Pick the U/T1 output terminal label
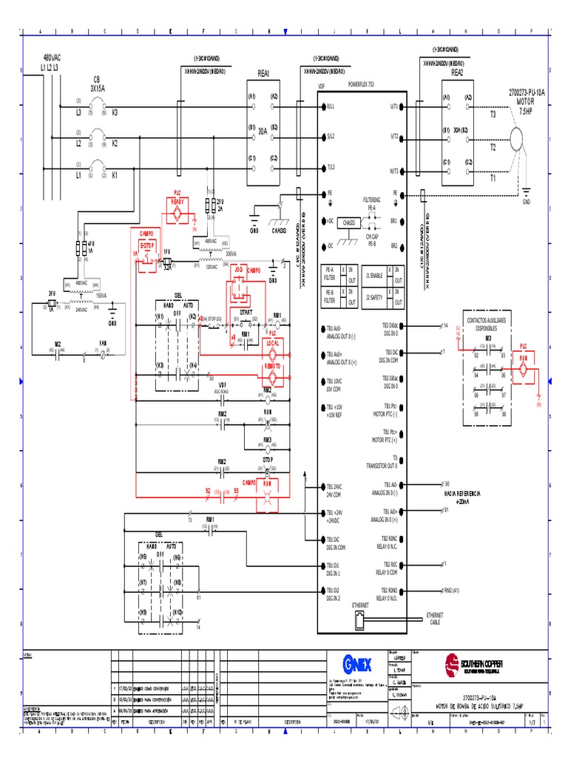point(394,106)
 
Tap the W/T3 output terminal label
point(394,171)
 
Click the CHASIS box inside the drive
point(349,222)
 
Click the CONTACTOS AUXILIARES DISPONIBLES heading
point(487,324)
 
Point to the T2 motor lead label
point(493,147)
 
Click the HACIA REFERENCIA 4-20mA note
point(462,495)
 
